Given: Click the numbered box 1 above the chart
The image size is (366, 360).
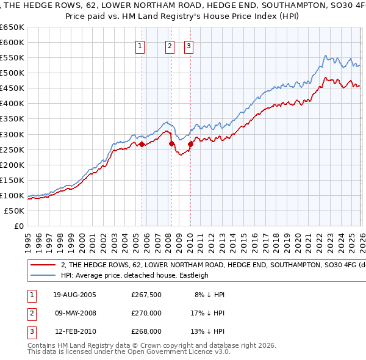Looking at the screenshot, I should click(140, 46).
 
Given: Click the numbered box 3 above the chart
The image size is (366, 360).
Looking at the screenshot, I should click(188, 46).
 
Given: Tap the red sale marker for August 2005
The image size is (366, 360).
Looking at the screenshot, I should click(142, 144).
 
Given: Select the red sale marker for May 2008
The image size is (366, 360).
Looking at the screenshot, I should click(171, 143).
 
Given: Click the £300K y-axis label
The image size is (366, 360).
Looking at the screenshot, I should click(12, 134).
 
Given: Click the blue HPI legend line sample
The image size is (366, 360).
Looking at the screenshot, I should click(43, 275).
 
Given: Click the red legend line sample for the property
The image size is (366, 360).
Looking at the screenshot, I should click(43, 265).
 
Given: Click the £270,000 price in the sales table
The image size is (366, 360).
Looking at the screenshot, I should click(146, 313).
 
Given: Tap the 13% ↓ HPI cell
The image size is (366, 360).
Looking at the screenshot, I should click(208, 332).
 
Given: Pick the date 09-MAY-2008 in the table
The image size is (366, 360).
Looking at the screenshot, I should click(75, 313).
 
